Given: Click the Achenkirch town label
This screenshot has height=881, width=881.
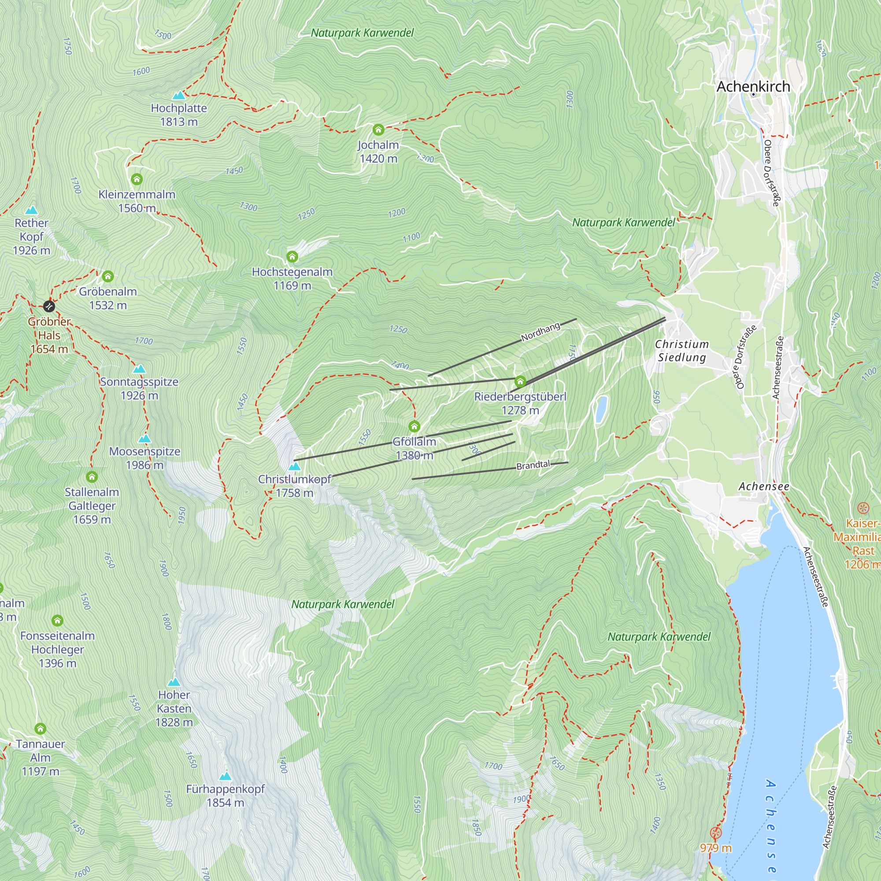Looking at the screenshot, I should pos(753,87).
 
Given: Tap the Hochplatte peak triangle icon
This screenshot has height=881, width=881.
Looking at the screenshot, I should pos(179,95).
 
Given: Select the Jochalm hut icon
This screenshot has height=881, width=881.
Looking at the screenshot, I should pos(378,130).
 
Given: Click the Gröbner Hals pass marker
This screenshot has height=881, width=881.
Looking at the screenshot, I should pos(49,306).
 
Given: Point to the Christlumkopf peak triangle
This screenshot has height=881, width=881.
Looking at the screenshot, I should pos(295,466).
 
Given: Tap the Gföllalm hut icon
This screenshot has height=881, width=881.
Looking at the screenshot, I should pos(414,426).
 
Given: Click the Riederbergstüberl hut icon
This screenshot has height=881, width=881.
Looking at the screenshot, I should pos(520,381).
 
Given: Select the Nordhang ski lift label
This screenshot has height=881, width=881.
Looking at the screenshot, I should pos(540,332).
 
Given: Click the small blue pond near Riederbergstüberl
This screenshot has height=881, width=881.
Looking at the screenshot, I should pos(601,409).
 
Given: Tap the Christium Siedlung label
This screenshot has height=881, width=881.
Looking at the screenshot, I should pos(682,351).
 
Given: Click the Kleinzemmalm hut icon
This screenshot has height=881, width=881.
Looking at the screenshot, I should pos(137,179).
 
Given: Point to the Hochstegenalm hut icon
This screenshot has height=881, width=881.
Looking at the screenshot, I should pos(292,257).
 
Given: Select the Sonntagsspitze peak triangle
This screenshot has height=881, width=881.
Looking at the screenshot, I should pos(139,369).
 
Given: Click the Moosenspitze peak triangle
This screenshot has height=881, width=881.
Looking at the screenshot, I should pos(144,439).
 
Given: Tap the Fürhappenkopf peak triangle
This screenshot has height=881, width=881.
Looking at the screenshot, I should pos(225,776).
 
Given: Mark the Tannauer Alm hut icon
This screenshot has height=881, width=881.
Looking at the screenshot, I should pos(40,729).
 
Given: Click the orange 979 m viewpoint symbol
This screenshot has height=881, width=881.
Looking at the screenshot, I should pos(715,833).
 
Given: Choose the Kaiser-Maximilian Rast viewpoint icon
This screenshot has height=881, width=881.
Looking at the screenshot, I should pos(862,508).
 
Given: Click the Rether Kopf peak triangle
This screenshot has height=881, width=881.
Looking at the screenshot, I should pos(31,210).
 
